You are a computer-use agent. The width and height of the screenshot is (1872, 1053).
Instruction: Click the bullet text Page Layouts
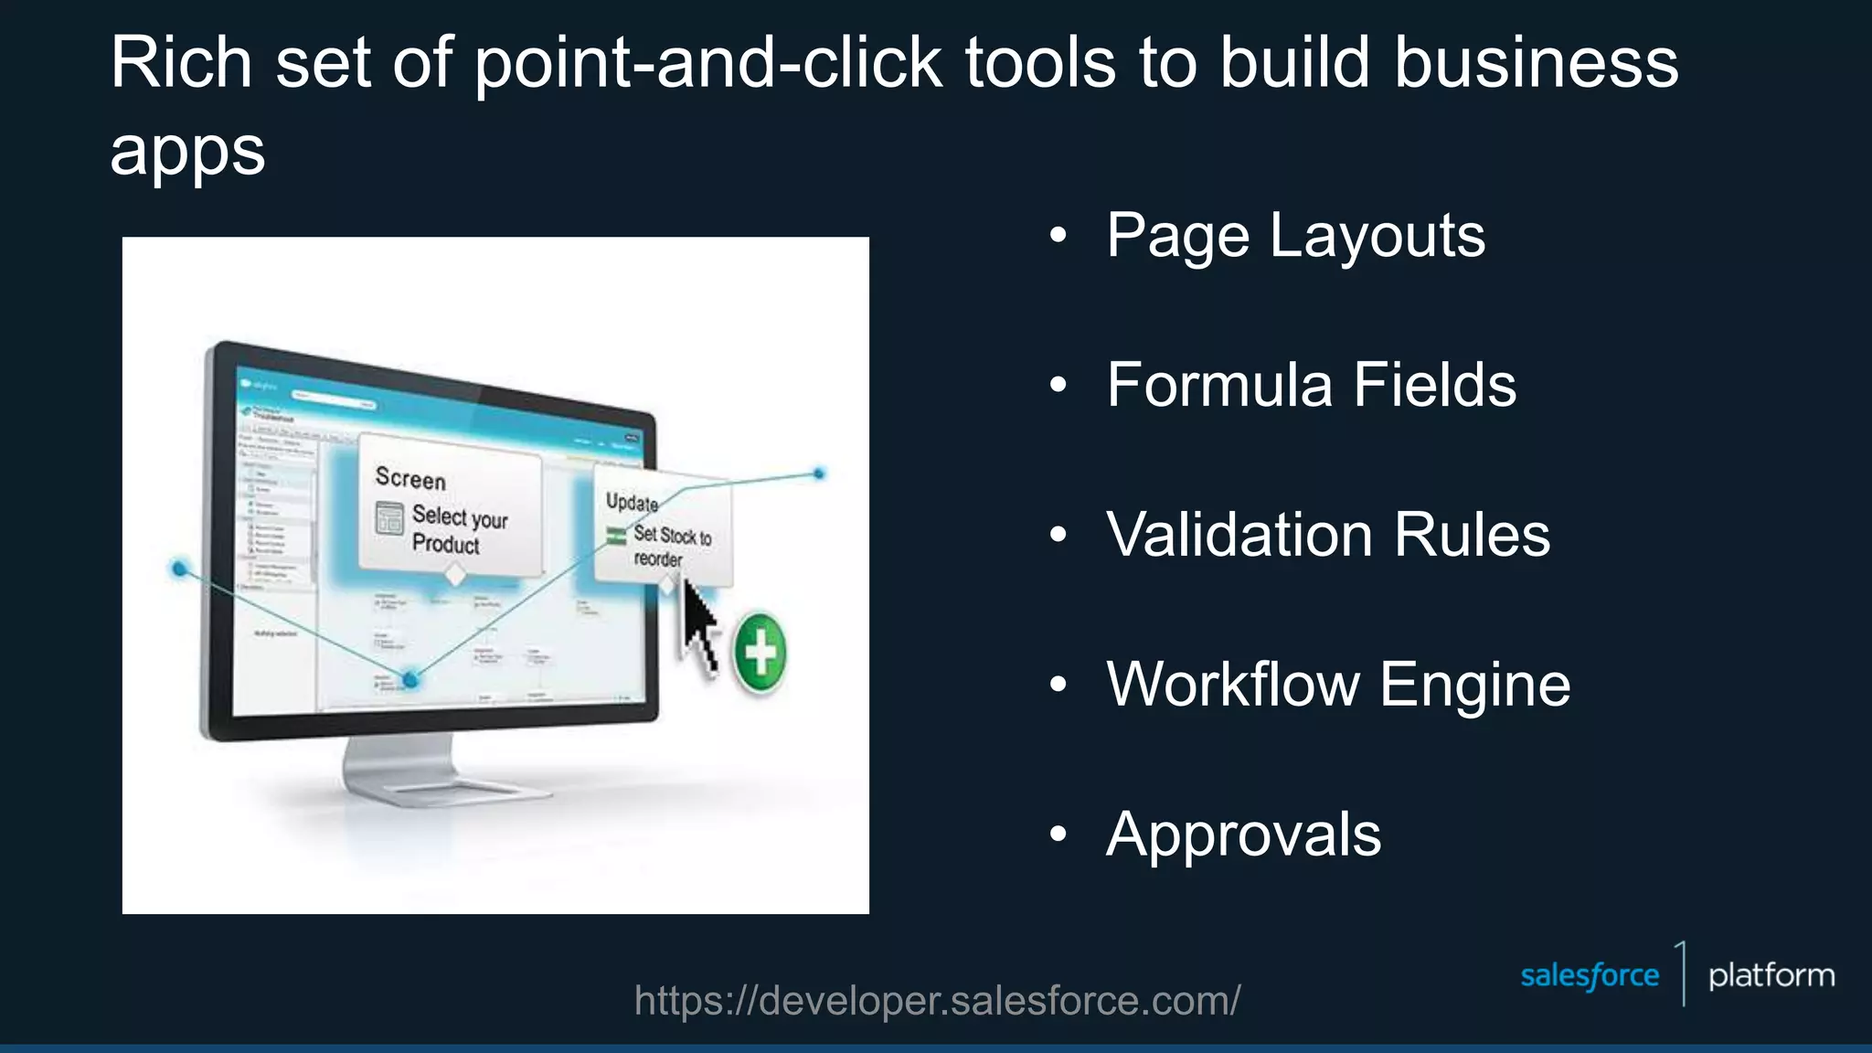point(1295,236)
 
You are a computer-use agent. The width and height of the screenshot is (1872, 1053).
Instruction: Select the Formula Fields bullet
point(1311,385)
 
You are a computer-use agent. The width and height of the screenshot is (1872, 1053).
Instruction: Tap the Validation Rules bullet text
point(1327,535)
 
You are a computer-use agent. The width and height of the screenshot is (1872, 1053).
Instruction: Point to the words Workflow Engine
point(1338,684)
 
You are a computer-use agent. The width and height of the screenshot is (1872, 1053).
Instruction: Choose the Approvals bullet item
point(1243,834)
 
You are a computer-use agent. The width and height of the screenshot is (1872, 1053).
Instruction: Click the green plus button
point(760,653)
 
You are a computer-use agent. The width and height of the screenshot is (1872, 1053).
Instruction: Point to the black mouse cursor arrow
point(699,627)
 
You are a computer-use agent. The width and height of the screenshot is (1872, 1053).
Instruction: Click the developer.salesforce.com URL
point(937,1001)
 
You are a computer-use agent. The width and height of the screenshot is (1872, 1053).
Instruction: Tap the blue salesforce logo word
point(1589,976)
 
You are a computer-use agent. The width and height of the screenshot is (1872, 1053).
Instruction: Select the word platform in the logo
point(1771,976)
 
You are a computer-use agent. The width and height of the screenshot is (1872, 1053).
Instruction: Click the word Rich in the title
point(181,63)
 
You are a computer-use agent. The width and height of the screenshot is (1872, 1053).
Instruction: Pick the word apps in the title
point(187,151)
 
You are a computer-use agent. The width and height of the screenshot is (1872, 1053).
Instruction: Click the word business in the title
point(1536,63)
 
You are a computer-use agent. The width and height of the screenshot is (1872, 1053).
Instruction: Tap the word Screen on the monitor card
point(410,479)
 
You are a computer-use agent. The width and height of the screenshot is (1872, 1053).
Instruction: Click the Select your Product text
point(458,530)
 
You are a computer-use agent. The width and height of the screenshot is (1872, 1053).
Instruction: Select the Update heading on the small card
point(632,503)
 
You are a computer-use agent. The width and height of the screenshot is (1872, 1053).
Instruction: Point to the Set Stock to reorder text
point(672,547)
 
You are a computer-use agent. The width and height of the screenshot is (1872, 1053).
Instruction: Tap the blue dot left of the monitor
point(180,569)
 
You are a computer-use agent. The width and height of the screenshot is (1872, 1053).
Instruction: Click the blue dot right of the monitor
point(819,473)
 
